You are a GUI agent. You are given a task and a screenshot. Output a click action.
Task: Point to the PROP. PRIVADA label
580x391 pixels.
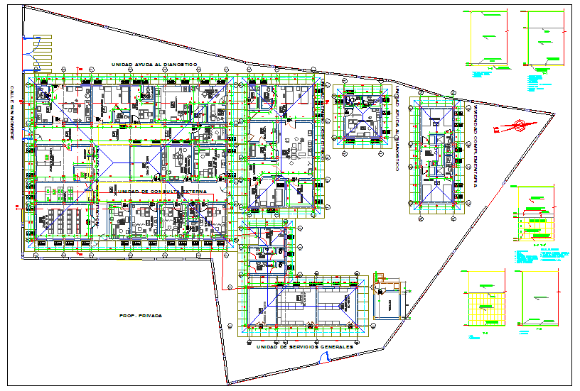click(x=141, y=315)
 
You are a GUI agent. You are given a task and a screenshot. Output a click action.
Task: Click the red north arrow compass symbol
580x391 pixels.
click(x=515, y=126)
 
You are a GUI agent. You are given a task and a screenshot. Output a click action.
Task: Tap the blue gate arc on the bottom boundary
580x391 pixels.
click(x=324, y=358)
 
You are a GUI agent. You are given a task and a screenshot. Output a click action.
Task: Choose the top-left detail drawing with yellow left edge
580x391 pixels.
click(x=489, y=41)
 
